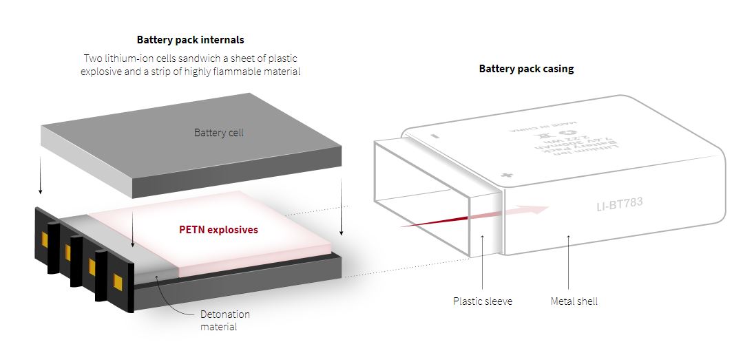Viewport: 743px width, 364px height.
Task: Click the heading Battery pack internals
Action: coord(190,40)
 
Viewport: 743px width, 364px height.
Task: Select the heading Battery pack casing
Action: coord(526,69)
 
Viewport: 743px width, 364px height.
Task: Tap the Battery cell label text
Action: coord(219,132)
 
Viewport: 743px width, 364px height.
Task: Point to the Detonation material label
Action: coord(224,320)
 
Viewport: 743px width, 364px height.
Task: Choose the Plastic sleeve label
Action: coord(482,301)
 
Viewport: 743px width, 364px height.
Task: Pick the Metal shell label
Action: coord(574,301)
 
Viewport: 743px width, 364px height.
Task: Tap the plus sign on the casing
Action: coord(507,175)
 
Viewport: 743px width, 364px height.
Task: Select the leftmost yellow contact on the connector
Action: coord(45,240)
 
